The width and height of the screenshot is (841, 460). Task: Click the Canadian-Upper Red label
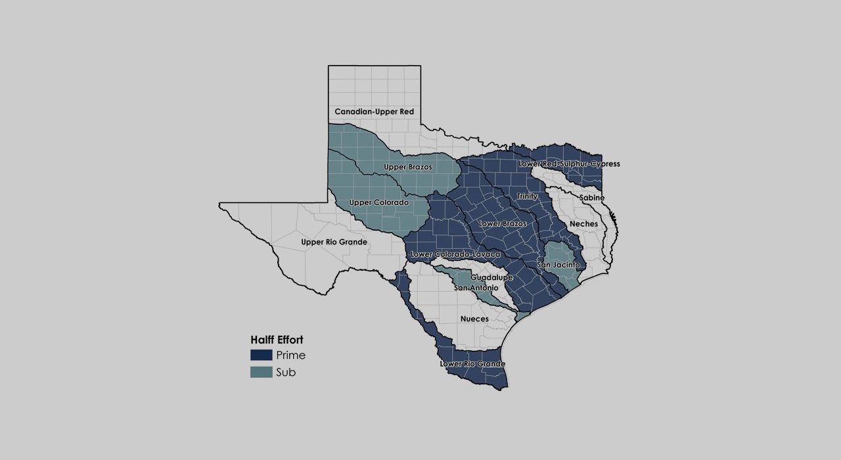tap(374, 112)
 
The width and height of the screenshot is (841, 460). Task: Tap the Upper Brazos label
tap(408, 167)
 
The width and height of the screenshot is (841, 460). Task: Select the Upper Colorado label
tap(379, 202)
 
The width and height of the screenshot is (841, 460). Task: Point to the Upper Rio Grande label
tap(334, 242)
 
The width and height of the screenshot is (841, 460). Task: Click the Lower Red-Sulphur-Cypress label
tap(569, 164)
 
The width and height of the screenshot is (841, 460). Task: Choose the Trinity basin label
tap(527, 196)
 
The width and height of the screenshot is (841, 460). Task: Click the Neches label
tap(583, 224)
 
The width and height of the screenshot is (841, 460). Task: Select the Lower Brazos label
tap(503, 224)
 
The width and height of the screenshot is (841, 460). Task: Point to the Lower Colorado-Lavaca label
tap(455, 254)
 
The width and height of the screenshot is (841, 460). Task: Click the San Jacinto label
tap(558, 265)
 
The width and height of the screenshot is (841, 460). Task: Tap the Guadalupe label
tap(491, 278)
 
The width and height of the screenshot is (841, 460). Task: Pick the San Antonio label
tap(476, 288)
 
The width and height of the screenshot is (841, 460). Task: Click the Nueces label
tap(474, 319)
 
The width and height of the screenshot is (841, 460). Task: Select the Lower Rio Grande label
tap(472, 363)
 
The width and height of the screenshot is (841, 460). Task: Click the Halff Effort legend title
tap(277, 340)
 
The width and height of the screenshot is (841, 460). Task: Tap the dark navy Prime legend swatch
tap(261, 356)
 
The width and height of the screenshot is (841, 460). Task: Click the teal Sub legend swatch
tap(261, 373)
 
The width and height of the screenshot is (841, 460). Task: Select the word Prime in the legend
tap(290, 356)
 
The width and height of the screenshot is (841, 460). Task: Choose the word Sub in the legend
tap(286, 373)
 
